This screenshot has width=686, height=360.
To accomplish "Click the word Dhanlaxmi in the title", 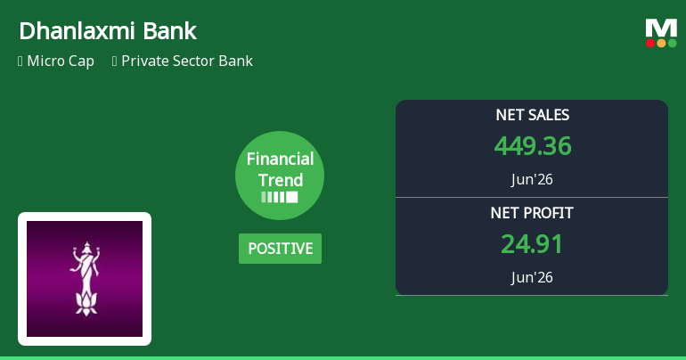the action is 77,31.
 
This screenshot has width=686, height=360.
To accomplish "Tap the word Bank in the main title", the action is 170,31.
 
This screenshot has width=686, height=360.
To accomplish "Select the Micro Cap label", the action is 61,61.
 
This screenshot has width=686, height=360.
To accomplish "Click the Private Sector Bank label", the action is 187,61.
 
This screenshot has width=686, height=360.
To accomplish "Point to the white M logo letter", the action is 661,28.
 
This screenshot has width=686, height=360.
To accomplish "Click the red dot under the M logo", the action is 650,43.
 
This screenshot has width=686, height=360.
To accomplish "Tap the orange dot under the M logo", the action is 661,43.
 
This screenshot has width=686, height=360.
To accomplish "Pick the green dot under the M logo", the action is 672,43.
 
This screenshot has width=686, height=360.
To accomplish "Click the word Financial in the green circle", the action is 280,159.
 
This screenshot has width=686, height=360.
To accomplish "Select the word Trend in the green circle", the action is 280,180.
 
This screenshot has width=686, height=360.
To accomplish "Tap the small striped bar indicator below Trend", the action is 280,197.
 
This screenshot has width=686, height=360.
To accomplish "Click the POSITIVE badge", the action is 280,249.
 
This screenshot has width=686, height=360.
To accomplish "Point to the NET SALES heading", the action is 533,115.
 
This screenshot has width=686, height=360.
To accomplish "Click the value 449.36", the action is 533,145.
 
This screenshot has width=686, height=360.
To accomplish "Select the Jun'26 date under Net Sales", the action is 532,179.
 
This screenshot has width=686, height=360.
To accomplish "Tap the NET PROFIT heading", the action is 532,213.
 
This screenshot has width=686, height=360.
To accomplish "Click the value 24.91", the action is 532,243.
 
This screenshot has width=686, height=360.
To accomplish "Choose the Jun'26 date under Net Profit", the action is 532,277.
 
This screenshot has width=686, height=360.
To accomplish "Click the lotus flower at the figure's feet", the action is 86,304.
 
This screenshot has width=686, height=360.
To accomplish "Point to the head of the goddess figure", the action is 86,248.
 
